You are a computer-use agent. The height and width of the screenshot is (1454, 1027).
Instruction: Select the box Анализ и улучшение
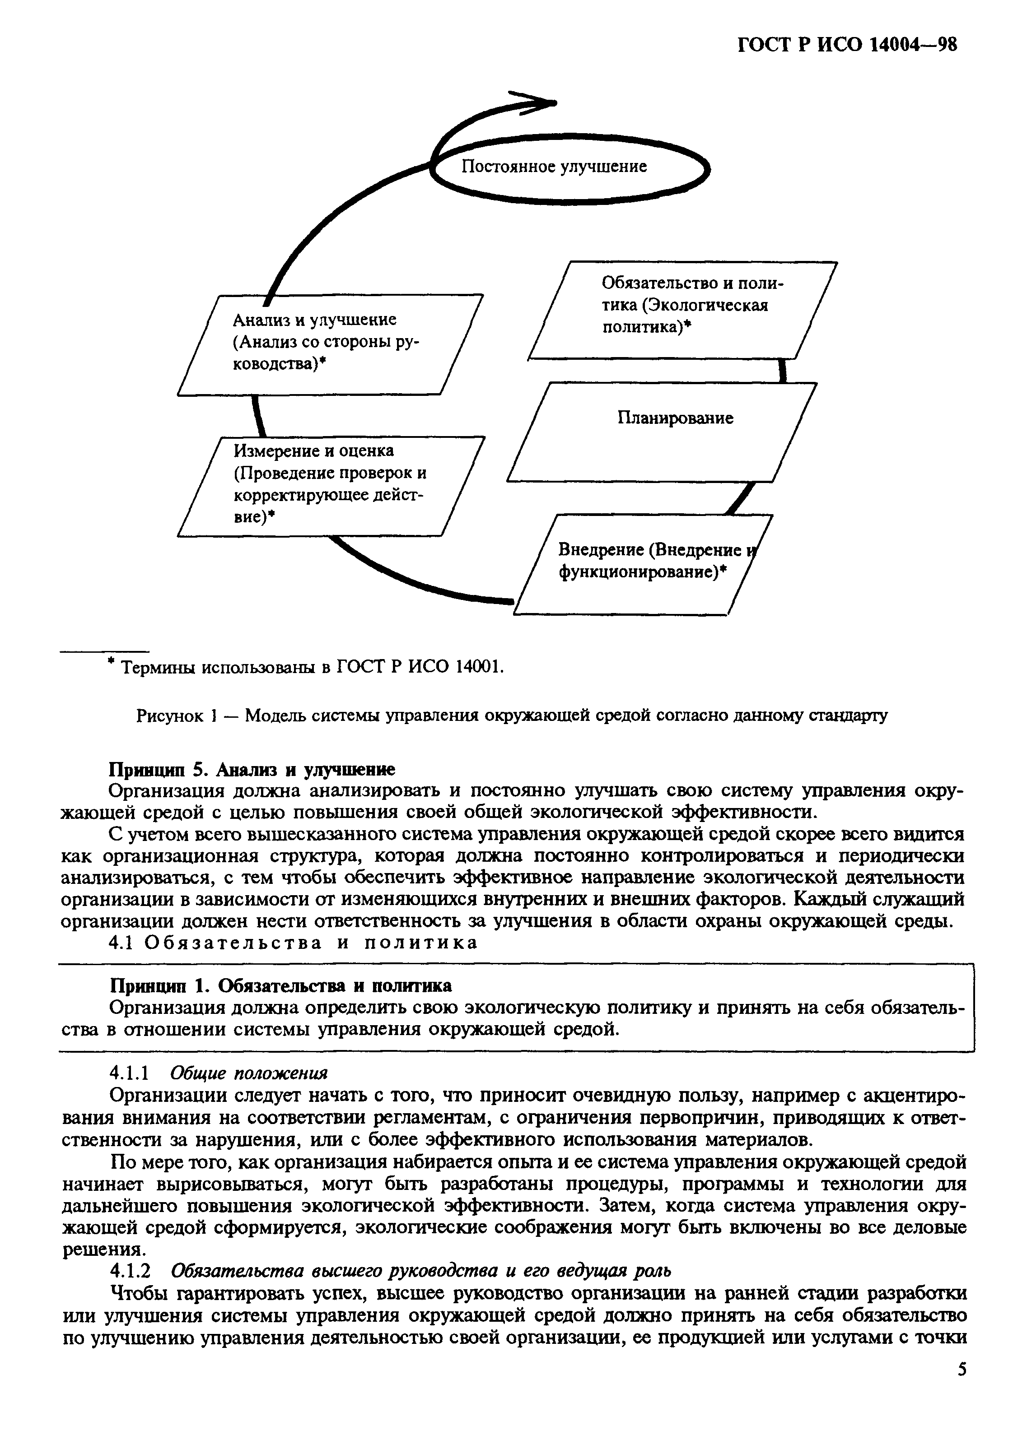[329, 344]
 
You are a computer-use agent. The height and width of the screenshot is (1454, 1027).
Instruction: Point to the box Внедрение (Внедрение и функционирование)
[643, 564]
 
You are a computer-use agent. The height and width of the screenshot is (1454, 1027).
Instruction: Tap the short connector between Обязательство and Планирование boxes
[783, 371]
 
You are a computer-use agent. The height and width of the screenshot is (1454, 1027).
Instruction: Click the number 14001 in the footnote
[476, 668]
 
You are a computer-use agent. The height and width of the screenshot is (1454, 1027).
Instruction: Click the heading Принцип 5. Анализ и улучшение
[252, 769]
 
